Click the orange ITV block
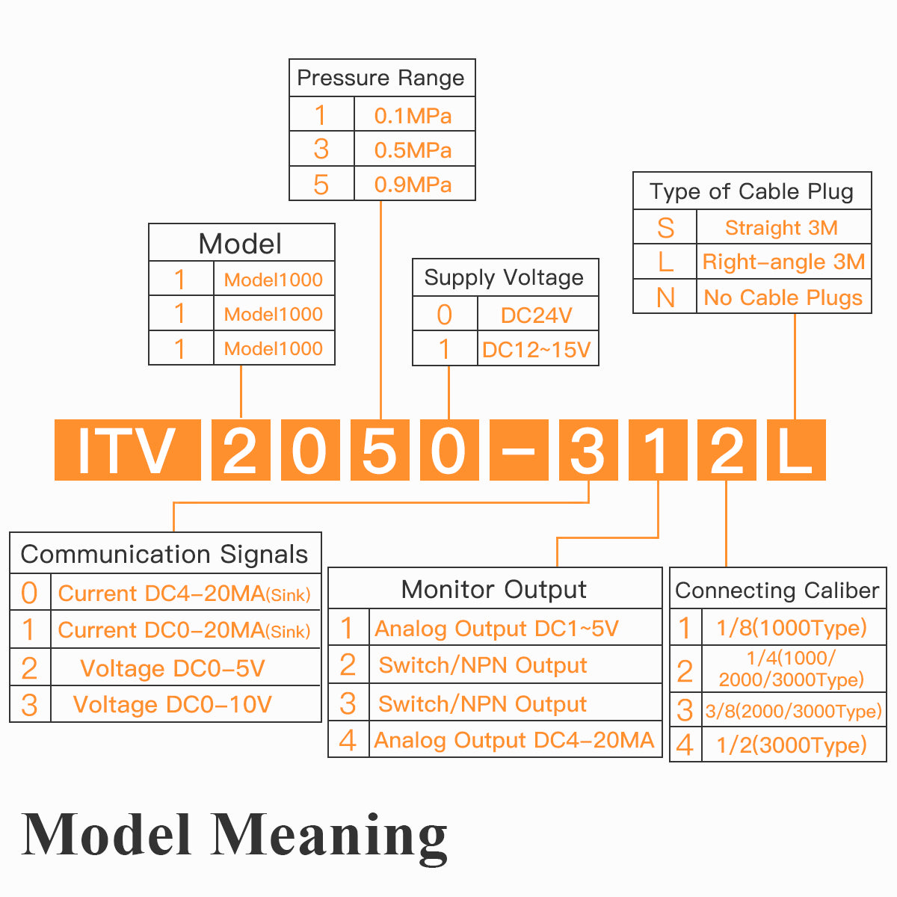(x=127, y=450)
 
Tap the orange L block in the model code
(x=796, y=450)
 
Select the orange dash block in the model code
(x=519, y=450)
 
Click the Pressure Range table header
(x=381, y=78)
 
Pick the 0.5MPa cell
(x=413, y=149)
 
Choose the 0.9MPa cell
(x=413, y=184)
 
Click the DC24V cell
(x=537, y=315)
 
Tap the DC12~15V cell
(x=537, y=349)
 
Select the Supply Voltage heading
(x=505, y=277)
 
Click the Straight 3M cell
(x=782, y=227)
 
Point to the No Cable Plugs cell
(x=783, y=297)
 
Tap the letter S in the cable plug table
(x=665, y=227)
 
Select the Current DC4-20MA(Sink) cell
(x=184, y=594)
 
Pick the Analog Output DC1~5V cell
(x=497, y=629)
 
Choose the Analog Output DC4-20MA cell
(x=514, y=740)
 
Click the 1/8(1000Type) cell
(x=792, y=627)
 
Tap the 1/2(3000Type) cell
(x=792, y=745)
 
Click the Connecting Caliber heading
(x=777, y=590)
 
